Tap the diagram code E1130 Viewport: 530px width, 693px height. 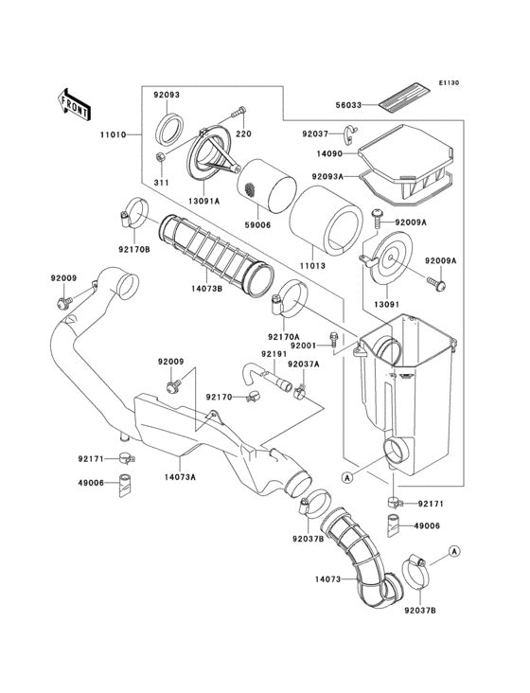coord(448,83)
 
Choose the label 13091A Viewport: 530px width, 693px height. coord(203,201)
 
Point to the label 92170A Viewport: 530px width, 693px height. coord(283,335)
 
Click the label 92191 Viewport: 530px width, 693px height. coord(274,354)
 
